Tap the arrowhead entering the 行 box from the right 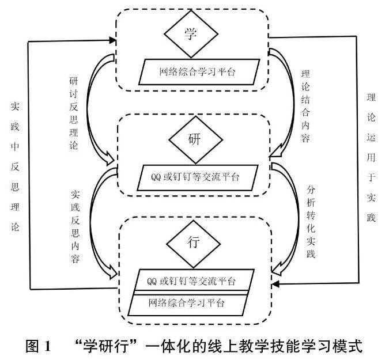[276, 285]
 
